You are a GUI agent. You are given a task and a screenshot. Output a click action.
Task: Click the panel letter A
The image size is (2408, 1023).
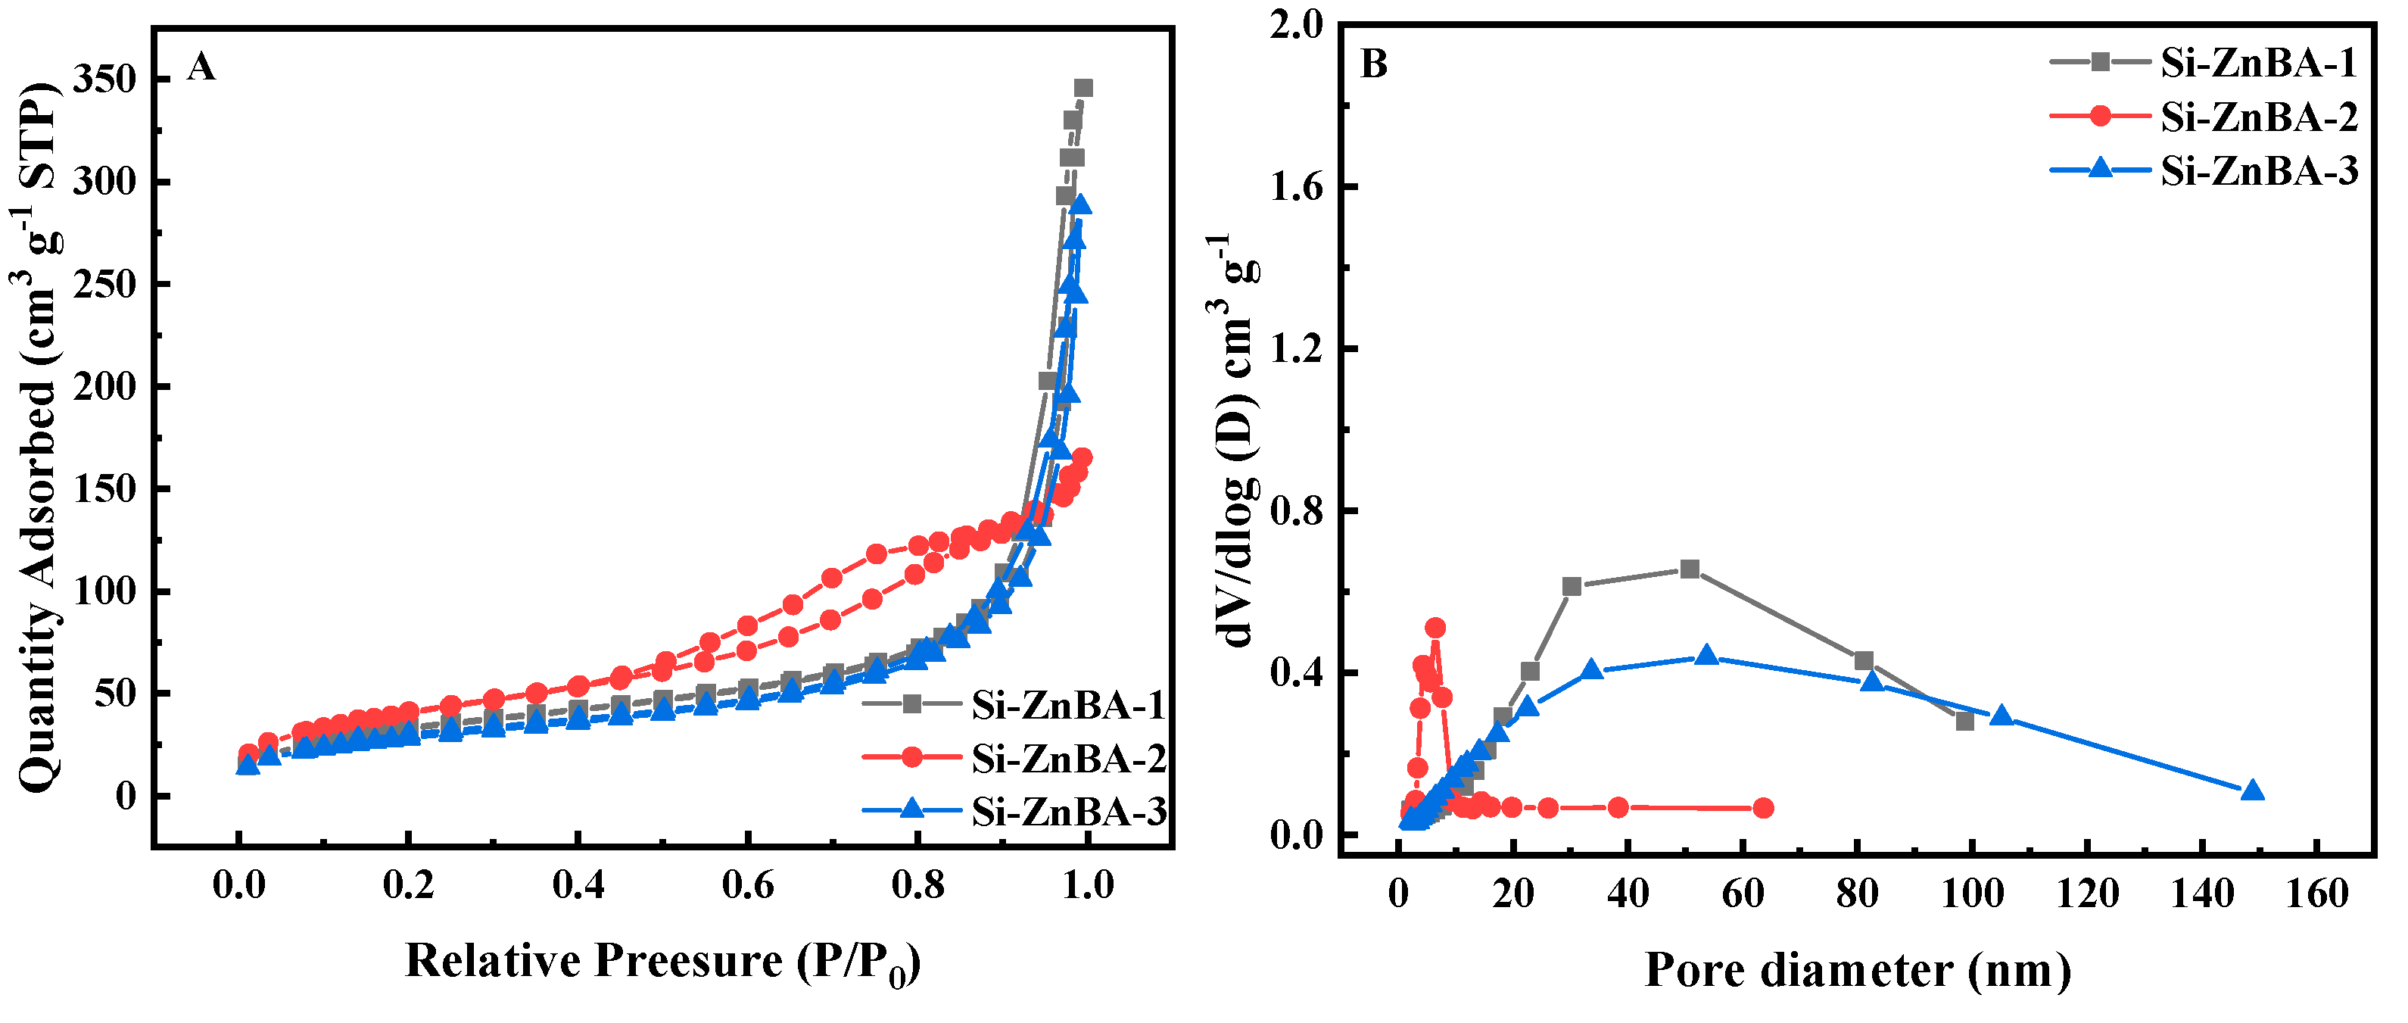point(201,67)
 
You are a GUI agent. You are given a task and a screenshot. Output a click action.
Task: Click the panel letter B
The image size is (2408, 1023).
point(1373,64)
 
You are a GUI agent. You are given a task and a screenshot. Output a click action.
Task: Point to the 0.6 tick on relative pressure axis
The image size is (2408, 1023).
point(747,884)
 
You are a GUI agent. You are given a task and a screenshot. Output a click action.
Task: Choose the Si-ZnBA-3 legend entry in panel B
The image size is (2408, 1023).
point(2258,171)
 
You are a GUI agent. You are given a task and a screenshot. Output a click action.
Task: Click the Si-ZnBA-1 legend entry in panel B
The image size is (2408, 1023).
point(2258,63)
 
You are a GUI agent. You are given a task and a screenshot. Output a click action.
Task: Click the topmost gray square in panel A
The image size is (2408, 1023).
point(1083,89)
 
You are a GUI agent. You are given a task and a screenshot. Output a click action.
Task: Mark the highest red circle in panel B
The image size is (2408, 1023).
point(1435,628)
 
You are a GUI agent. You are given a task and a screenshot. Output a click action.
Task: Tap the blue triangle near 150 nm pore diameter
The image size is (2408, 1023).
point(2253,791)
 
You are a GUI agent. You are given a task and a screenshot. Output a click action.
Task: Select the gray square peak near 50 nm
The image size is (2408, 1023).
point(1689,569)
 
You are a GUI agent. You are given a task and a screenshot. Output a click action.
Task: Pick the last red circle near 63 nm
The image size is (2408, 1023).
point(1763,808)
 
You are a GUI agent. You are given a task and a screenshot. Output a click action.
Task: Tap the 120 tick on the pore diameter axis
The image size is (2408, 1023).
point(2087,894)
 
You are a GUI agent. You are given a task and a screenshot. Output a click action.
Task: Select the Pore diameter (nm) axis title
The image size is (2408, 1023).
point(1858,970)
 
